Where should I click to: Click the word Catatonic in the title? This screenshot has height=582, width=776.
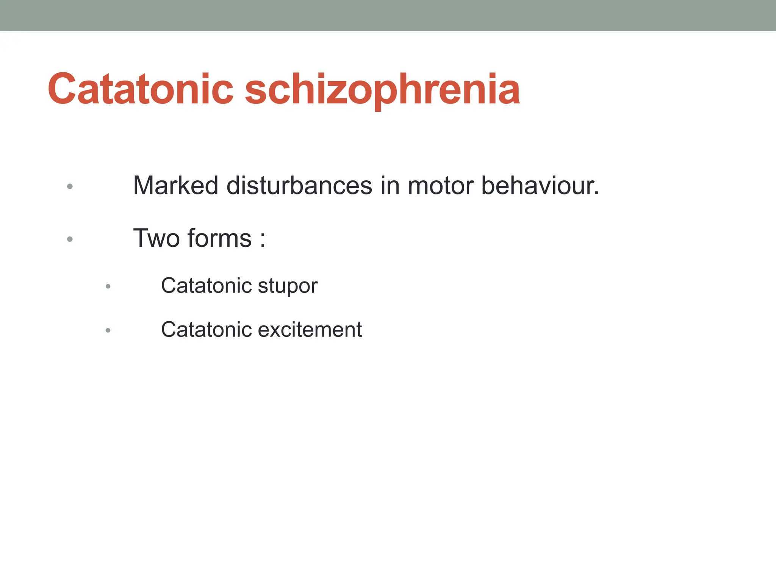point(141,89)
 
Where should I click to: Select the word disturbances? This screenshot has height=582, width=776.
point(299,186)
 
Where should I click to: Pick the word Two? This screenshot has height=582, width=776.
point(156,238)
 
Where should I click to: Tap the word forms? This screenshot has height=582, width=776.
point(219,238)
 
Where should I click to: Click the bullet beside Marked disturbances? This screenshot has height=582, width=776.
point(70,186)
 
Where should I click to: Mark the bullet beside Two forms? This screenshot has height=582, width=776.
point(70,239)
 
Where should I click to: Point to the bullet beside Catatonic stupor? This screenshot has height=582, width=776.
point(108,286)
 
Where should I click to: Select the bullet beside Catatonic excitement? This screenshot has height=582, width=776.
point(108,330)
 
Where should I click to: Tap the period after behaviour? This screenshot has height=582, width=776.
point(596,193)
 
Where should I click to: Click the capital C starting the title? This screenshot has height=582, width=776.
point(63,89)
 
